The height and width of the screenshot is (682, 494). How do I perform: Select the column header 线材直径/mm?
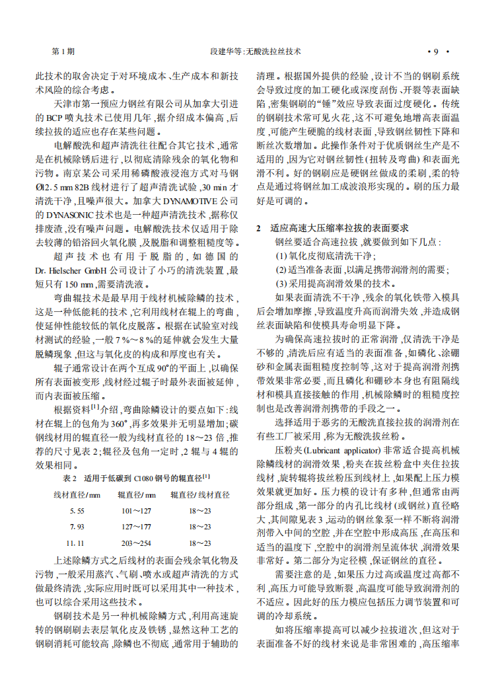pyautogui.click(x=77, y=495)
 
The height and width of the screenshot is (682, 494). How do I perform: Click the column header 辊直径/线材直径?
pyautogui.click(x=200, y=495)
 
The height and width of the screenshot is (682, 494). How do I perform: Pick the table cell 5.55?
pyautogui.click(x=77, y=511)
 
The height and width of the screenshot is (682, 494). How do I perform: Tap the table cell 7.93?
pyautogui.click(x=77, y=527)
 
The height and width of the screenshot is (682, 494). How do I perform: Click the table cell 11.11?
pyautogui.click(x=77, y=543)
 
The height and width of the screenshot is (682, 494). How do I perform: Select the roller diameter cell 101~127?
pyautogui.click(x=137, y=511)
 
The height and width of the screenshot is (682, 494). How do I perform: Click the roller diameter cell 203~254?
pyautogui.click(x=137, y=543)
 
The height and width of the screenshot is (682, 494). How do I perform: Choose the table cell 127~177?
pyautogui.click(x=137, y=527)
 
